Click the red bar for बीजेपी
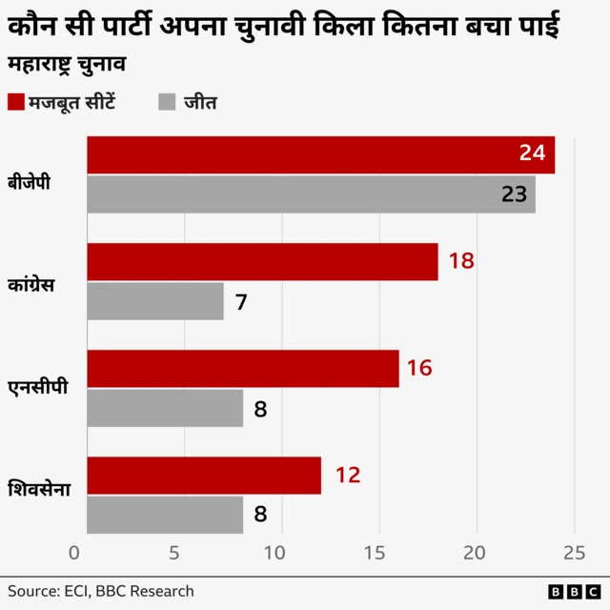[x=320, y=155]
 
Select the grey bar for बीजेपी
[x=311, y=194]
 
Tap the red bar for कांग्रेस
[x=262, y=262]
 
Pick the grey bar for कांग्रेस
[x=155, y=301]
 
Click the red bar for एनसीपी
[x=243, y=369]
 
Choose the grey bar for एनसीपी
[x=165, y=408]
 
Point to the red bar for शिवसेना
[x=204, y=476]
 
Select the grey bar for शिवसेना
[x=165, y=515]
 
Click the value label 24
[x=532, y=153]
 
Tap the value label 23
[x=514, y=194]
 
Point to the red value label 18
[x=461, y=261]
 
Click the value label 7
[x=241, y=302]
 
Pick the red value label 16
[x=420, y=368]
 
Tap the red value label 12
[x=348, y=475]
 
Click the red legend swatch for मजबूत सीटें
[x=16, y=102]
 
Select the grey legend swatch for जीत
[x=168, y=102]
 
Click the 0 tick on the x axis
[x=75, y=553]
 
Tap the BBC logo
[x=568, y=592]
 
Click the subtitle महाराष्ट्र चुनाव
[x=68, y=67]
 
